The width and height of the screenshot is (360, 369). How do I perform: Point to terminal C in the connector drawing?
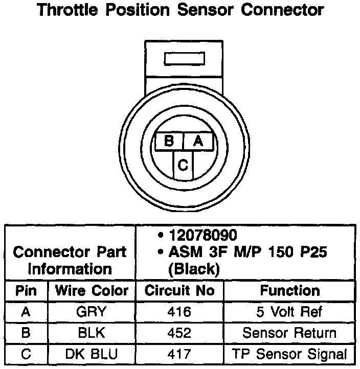pos(183,165)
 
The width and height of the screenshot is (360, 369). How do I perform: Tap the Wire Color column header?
pos(92,291)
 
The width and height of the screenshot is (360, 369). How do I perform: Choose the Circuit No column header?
pos(179,291)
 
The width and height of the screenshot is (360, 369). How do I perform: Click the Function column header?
pos(290,291)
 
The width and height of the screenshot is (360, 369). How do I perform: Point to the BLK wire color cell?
pos(92,333)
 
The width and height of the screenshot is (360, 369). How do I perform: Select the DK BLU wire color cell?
pos(92,354)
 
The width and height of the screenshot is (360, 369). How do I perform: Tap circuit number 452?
pos(179,333)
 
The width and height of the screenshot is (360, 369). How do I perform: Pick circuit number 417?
pos(179,354)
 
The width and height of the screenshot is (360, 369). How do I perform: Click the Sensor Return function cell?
pos(289,333)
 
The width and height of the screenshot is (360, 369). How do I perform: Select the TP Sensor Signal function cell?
pos(289,354)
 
